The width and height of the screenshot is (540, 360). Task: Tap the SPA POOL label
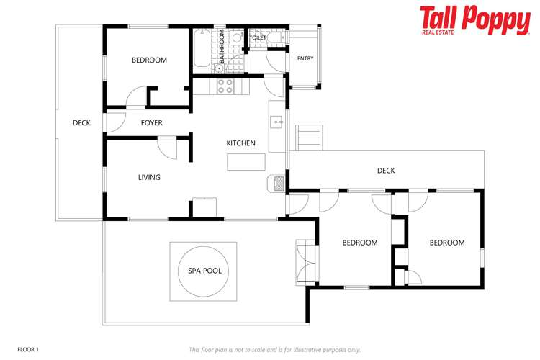tap(204, 271)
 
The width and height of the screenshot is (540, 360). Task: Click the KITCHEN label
tap(241, 143)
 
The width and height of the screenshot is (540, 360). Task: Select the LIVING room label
tap(149, 177)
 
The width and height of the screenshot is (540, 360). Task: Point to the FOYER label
tap(151, 123)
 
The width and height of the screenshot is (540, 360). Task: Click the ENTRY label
tap(305, 59)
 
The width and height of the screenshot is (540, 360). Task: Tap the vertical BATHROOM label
tap(222, 47)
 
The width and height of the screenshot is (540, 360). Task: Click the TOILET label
tap(258, 37)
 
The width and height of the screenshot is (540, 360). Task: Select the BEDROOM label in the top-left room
tap(149, 60)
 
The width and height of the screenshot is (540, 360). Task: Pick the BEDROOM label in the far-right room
tap(446, 243)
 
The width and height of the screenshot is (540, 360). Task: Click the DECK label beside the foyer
tap(81, 123)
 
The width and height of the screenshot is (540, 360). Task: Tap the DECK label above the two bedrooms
tap(386, 171)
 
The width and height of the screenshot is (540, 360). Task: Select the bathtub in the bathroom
tap(202, 48)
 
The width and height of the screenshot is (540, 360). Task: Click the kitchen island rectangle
tap(241, 163)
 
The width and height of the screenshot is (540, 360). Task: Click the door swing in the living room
tap(167, 148)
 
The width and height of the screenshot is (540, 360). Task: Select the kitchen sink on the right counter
tap(276, 122)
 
